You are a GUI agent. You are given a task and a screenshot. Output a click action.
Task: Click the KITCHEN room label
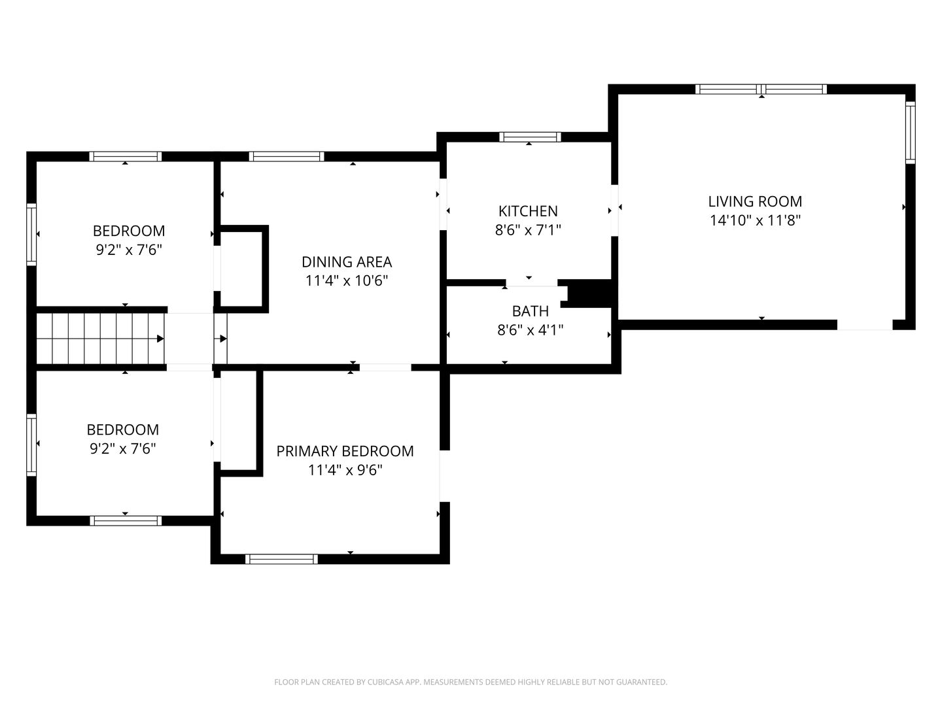(527, 211)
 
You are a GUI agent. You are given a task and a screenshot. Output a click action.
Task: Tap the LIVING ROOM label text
(754, 201)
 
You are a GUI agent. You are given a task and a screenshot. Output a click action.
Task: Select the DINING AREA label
(346, 261)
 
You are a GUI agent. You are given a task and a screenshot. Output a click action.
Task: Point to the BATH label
(530, 311)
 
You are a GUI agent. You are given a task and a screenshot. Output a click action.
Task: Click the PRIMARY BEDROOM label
(345, 451)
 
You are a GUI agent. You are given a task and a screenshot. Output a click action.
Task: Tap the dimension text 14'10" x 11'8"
(754, 220)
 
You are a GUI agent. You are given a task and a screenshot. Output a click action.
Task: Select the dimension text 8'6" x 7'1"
(527, 229)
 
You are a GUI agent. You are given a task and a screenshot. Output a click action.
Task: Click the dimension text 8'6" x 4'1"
(530, 330)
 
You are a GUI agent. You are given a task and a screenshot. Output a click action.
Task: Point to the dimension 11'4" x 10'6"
(346, 280)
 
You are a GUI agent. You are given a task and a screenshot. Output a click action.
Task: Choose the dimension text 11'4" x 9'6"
(345, 470)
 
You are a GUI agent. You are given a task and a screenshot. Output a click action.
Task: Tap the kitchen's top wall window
(529, 137)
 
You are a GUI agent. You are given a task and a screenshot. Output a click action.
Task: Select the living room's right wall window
(910, 133)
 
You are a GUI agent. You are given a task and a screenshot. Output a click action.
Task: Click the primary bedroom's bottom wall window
(281, 559)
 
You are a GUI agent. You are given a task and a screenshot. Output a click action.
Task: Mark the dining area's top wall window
(287, 156)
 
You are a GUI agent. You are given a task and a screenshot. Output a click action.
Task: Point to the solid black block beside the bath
(589, 294)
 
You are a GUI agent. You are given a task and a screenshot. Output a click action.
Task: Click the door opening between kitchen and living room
(614, 210)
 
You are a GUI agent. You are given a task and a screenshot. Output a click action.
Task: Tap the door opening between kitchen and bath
(532, 283)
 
